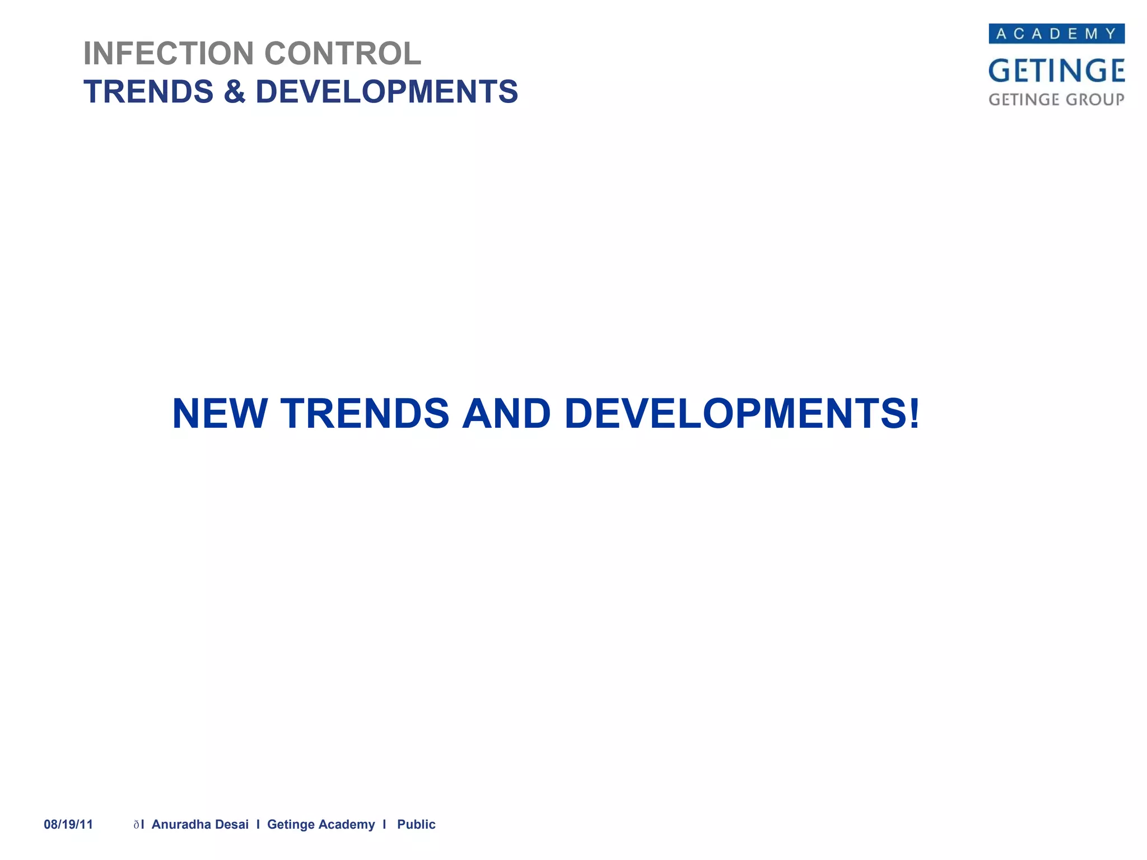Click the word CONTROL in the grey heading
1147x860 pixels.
pyautogui.click(x=342, y=54)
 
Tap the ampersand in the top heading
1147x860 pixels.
pyautogui.click(x=234, y=92)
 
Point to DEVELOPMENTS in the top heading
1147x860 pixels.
pyautogui.click(x=386, y=92)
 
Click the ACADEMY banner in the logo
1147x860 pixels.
pyautogui.click(x=1056, y=34)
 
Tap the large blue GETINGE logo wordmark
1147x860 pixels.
pyautogui.click(x=1056, y=71)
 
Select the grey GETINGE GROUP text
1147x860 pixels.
pyautogui.click(x=1056, y=100)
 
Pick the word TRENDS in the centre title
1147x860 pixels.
pyautogui.click(x=365, y=414)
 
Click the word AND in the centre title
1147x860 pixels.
pyautogui.click(x=506, y=414)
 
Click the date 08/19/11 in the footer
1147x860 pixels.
pyautogui.click(x=68, y=824)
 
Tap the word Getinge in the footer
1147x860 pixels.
pyautogui.click(x=291, y=825)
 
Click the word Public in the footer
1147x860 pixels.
pyautogui.click(x=416, y=824)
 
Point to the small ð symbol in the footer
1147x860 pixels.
pyautogui.click(x=136, y=825)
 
